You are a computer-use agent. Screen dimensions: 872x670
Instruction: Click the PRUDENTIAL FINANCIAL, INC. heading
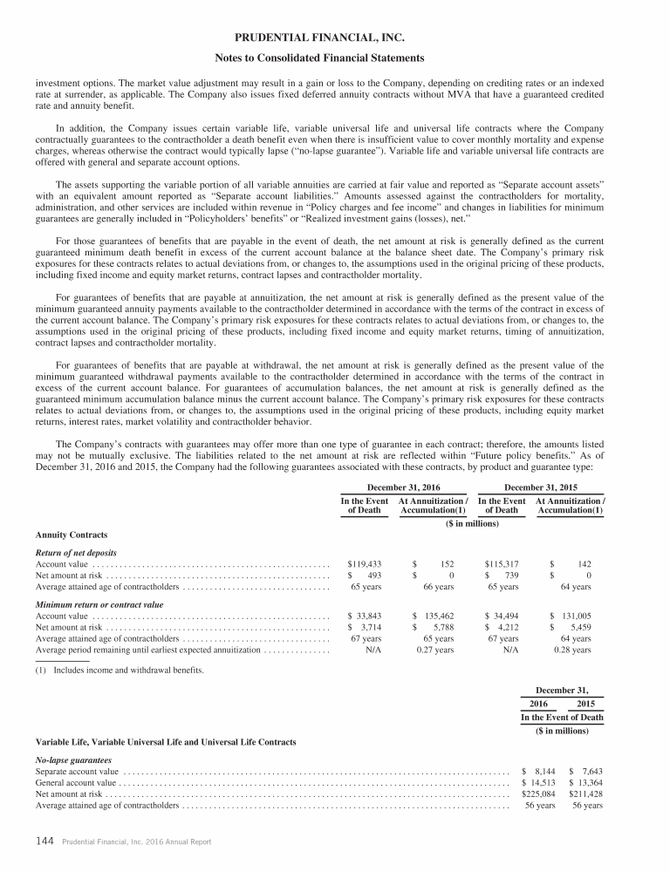[335, 38]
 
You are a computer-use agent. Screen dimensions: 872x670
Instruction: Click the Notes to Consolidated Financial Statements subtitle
[335, 58]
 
